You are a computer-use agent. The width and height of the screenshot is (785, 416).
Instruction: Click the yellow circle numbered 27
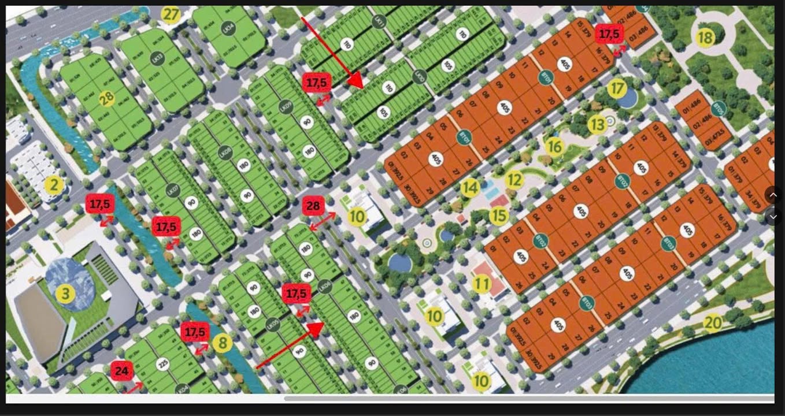(171, 14)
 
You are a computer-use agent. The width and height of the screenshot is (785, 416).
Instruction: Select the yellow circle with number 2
(54, 185)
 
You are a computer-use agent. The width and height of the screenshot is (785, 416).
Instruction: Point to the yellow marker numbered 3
(65, 294)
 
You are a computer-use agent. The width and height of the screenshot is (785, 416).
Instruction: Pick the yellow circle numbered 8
(222, 343)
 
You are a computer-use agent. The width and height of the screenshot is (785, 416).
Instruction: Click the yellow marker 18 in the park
(705, 38)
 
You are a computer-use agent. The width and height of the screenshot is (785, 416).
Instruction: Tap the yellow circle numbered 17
(617, 88)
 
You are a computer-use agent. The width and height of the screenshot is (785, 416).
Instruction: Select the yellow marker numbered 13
(597, 124)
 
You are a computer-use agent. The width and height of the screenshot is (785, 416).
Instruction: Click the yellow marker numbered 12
(513, 180)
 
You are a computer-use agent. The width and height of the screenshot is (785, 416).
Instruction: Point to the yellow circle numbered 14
(470, 187)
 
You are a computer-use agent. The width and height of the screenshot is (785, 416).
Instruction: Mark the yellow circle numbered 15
(498, 216)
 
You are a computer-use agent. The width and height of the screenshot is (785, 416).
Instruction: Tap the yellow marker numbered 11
(482, 284)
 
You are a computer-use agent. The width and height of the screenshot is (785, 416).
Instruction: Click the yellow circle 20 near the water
(713, 322)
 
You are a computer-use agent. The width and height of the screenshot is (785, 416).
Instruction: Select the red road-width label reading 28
(313, 206)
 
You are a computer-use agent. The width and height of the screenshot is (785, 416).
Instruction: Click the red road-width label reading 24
(122, 370)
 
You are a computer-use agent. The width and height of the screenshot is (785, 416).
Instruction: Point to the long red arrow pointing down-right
(331, 53)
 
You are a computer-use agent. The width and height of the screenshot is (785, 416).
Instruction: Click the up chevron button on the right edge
(773, 195)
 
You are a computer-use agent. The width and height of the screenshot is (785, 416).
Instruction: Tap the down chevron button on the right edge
(773, 217)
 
